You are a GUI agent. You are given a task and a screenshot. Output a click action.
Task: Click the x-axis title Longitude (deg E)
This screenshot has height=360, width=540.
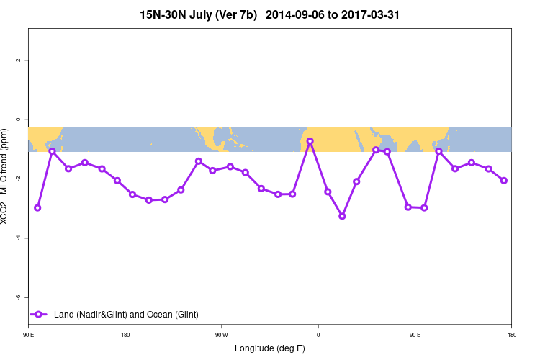[269, 348]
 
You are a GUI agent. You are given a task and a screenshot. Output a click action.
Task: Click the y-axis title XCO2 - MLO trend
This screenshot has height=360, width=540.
[7, 177]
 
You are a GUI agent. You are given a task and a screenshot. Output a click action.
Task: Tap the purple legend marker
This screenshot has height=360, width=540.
[39, 314]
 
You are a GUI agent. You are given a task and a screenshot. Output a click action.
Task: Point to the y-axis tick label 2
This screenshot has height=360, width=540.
[17, 60]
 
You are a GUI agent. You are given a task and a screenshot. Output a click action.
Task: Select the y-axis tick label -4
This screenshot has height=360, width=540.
[17, 238]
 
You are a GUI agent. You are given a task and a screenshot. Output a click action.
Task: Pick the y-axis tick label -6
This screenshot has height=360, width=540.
[17, 297]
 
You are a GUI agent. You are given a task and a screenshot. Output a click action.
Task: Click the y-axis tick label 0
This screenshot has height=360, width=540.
[17, 120]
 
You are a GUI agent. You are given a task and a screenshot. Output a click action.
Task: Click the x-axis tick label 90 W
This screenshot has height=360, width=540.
[221, 335]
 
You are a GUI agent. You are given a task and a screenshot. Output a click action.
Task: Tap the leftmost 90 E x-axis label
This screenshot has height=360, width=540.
[29, 335]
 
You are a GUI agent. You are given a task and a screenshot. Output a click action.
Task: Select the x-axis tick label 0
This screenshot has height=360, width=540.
[318, 335]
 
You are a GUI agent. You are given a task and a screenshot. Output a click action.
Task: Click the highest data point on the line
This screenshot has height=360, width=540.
[310, 141]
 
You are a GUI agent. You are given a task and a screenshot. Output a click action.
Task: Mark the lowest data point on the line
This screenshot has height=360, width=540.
[342, 216]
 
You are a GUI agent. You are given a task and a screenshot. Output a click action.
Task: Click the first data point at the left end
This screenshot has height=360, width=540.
[37, 208]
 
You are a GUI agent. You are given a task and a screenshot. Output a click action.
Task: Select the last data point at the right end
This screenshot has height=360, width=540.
[504, 181]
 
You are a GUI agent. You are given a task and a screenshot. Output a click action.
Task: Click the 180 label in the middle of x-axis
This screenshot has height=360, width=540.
[125, 335]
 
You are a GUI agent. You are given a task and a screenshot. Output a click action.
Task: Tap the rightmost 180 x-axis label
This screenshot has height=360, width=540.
[510, 335]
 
